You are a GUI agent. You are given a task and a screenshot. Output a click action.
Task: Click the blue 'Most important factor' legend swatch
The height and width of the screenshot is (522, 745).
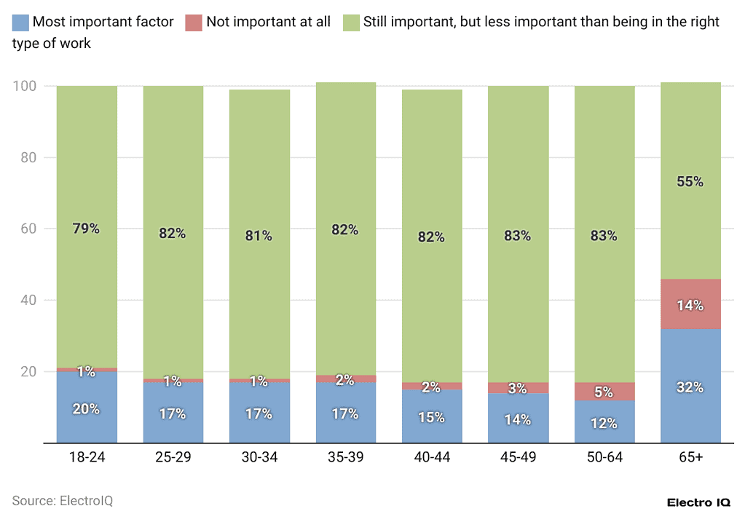click(20, 22)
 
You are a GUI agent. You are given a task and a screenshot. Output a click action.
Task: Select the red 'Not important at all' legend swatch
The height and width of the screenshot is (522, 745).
click(194, 22)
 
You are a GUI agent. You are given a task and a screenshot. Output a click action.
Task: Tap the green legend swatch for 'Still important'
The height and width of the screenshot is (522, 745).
click(350, 22)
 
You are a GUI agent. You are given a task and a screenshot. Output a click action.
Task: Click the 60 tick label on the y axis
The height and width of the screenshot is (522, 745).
click(29, 229)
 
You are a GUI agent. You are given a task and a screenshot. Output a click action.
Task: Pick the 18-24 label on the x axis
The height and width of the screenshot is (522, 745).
click(87, 459)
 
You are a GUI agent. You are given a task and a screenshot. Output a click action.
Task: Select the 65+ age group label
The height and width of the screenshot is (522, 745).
click(690, 459)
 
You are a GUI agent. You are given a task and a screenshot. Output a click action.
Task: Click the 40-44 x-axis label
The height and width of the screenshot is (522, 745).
click(432, 459)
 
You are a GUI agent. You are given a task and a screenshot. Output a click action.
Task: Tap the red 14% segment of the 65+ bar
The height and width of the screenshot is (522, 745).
click(690, 304)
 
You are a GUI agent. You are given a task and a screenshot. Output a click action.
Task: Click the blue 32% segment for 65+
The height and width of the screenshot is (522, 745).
click(690, 386)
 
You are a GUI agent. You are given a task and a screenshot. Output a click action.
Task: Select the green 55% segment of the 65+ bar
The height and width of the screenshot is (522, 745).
click(690, 181)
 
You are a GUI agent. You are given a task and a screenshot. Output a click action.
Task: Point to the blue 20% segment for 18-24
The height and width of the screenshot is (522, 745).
click(87, 408)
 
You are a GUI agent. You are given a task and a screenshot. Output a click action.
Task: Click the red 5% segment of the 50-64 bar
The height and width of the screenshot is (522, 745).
click(604, 391)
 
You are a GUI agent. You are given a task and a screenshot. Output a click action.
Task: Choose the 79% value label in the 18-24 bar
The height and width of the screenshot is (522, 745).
click(87, 229)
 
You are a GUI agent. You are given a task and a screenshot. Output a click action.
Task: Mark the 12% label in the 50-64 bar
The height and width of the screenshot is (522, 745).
click(604, 423)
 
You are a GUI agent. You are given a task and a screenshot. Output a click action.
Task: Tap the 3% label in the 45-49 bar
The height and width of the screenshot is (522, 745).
click(518, 388)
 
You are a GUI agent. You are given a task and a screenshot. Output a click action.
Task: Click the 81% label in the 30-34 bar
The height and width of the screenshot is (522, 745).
click(259, 235)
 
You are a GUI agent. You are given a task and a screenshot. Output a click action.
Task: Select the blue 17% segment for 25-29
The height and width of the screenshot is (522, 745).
click(173, 413)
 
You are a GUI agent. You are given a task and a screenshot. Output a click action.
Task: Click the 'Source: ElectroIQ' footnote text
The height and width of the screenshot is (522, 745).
click(63, 501)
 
